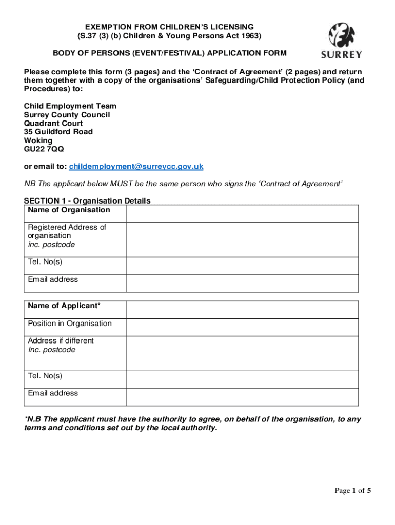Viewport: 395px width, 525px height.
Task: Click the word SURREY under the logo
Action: coord(341,55)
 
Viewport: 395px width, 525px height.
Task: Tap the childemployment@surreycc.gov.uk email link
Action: coord(136,166)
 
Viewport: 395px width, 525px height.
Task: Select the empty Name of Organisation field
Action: coord(242,213)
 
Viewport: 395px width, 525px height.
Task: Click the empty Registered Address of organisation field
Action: coord(242,239)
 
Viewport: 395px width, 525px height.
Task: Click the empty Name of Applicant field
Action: coord(242,310)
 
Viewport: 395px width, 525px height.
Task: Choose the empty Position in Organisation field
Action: coord(242,327)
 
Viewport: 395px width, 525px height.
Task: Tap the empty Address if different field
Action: coord(242,353)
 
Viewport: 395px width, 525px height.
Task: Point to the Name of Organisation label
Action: coord(69,210)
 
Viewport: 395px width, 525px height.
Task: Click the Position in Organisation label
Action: coord(70,324)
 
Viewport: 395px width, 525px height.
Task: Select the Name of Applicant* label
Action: coord(64,306)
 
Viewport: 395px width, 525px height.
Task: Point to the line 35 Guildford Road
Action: coord(58,132)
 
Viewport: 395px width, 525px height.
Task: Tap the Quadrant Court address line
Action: coord(53,124)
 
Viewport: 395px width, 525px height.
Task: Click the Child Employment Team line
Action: coord(70,106)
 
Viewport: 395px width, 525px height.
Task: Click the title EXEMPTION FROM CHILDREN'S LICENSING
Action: coord(169,27)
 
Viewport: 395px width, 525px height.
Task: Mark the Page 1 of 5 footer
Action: coord(353,491)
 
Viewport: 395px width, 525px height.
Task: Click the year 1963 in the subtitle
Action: coord(248,36)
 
